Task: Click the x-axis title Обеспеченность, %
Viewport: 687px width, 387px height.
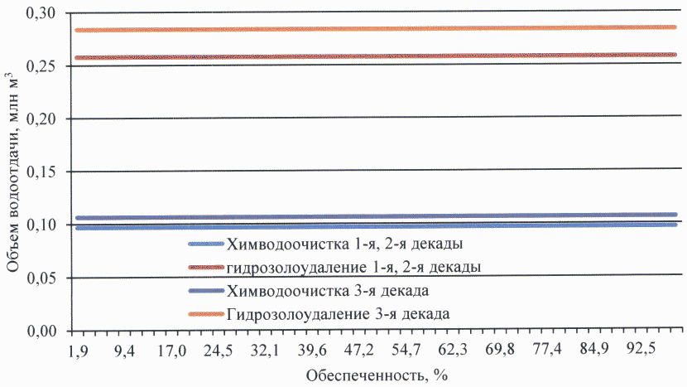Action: [x=377, y=375]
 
